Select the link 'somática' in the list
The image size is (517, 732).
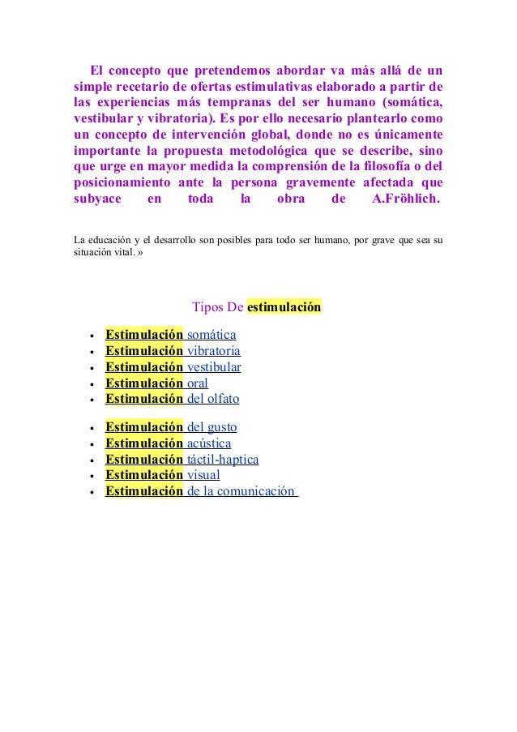211,335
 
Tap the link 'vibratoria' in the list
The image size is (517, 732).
213,351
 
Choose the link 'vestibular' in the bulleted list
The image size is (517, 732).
214,367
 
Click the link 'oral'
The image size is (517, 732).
197,383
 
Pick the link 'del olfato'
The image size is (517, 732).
212,399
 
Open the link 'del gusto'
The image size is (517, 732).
211,427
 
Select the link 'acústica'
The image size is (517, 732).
209,443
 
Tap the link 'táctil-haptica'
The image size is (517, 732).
223,460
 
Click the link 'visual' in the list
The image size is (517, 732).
203,475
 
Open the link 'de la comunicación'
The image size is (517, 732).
241,491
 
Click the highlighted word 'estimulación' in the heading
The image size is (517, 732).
284,307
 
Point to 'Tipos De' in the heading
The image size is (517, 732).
217,307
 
